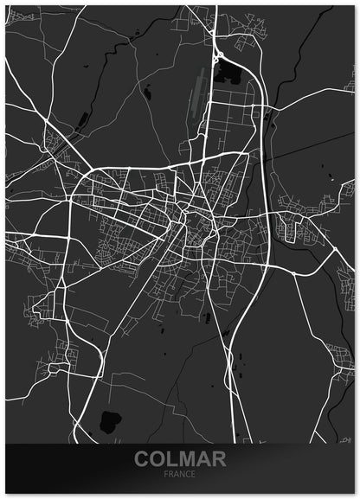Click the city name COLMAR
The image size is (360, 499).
(x=180, y=459)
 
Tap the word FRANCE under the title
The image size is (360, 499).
(x=180, y=475)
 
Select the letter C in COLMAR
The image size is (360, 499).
(x=142, y=459)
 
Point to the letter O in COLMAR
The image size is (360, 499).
(x=157, y=459)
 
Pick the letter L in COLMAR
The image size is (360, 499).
(x=171, y=459)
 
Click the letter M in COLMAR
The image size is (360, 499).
(x=185, y=459)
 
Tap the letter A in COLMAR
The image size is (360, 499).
(x=202, y=459)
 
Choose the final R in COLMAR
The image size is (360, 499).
(x=217, y=459)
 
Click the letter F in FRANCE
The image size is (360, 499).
(x=167, y=475)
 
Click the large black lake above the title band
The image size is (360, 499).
(x=111, y=421)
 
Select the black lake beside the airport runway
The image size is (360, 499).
(x=229, y=71)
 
